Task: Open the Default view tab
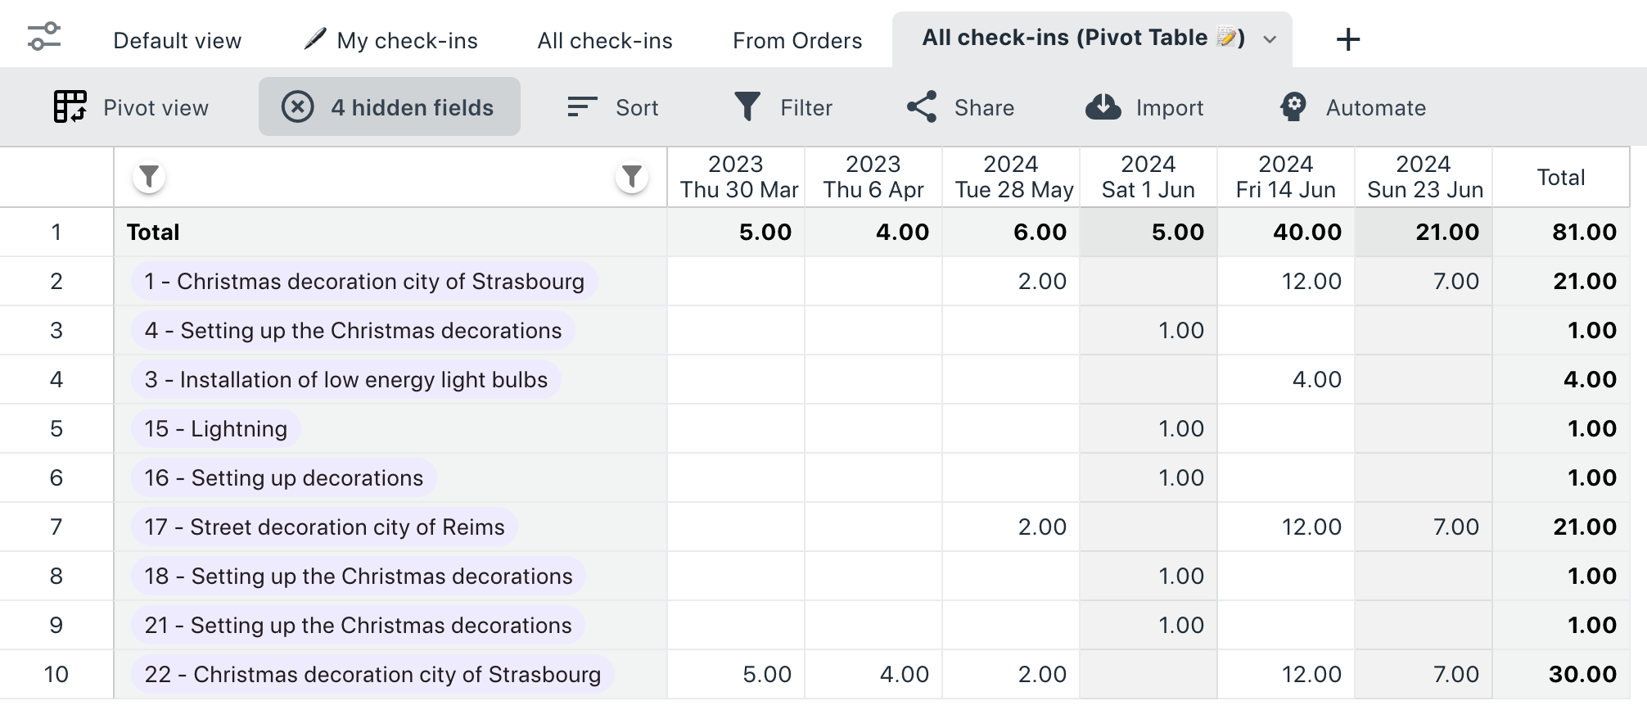point(177,41)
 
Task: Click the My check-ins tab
point(390,40)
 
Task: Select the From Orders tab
point(797,41)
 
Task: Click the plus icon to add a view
point(1347,39)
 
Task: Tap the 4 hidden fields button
point(390,106)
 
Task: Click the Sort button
point(613,107)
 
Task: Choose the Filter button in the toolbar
point(783,107)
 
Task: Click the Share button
point(960,107)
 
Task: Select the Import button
point(1144,107)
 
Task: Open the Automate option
point(1353,107)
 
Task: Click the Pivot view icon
point(70,107)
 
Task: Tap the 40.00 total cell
point(1307,233)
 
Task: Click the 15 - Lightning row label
point(216,429)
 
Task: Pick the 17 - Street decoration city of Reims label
point(324,527)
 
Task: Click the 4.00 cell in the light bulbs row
point(1317,380)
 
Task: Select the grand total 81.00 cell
point(1585,233)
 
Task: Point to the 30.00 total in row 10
point(1583,675)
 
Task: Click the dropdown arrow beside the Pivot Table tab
point(1270,39)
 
